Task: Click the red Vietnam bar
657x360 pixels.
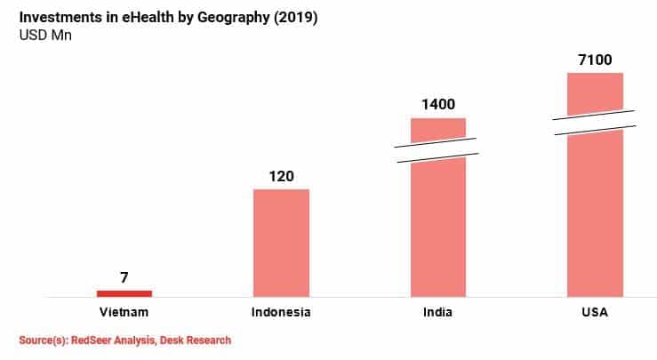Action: click(124, 292)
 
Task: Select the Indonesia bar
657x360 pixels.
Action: click(281, 242)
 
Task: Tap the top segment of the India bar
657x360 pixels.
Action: click(437, 129)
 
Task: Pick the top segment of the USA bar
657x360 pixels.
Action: click(595, 92)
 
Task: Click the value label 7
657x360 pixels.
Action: click(124, 276)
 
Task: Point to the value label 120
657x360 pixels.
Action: click(281, 176)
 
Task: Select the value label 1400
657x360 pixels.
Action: click(437, 105)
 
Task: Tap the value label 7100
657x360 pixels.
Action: click(595, 60)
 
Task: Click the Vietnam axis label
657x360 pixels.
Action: click(124, 312)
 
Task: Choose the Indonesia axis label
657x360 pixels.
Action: click(281, 312)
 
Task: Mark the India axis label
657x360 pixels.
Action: click(437, 312)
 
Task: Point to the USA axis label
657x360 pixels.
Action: click(595, 312)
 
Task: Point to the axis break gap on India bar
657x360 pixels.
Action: click(437, 149)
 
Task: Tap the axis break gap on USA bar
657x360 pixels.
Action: click(595, 123)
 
